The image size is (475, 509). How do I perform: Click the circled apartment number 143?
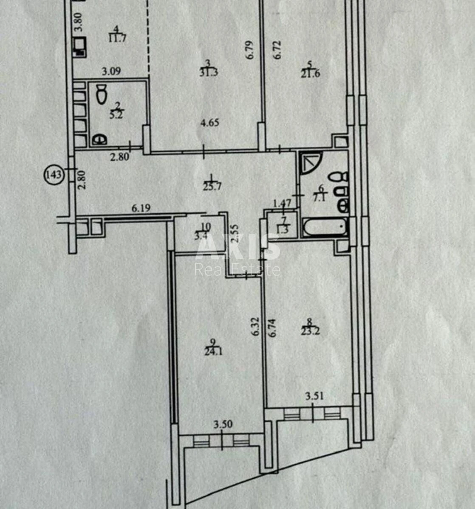pos(54,174)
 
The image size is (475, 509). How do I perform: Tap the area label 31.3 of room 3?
pos(208,72)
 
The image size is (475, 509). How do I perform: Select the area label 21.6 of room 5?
pos(310,73)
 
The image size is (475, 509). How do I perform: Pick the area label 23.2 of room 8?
pos(310,331)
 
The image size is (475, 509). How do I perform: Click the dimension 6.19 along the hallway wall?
pos(141,208)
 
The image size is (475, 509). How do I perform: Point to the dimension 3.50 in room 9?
pos(223,425)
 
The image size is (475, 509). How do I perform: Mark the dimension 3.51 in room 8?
pos(315,397)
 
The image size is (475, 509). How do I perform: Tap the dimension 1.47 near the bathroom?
pos(282,203)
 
